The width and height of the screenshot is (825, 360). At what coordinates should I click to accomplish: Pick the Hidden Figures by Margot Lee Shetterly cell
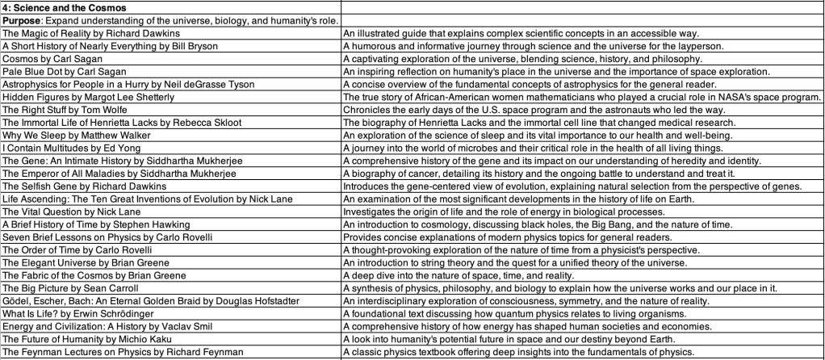(x=89, y=97)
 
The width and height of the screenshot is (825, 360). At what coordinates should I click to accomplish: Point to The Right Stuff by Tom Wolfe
(x=65, y=110)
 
